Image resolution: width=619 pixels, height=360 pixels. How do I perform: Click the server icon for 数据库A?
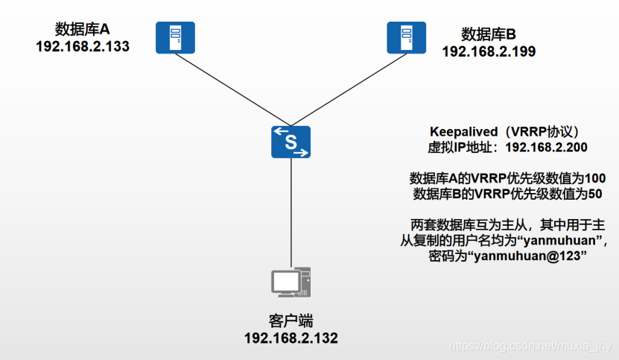pos(170,37)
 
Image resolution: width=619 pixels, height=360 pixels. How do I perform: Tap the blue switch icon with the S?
pos(291,142)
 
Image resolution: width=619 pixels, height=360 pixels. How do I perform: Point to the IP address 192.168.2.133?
pos(82,46)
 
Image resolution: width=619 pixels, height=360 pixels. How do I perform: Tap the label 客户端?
pos(291,321)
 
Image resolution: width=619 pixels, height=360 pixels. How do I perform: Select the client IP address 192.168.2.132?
pos(291,338)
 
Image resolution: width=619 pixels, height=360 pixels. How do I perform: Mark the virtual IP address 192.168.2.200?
pos(546,147)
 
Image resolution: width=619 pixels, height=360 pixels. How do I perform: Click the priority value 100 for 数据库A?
pos(595,179)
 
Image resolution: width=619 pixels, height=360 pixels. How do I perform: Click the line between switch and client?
pos(291,212)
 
